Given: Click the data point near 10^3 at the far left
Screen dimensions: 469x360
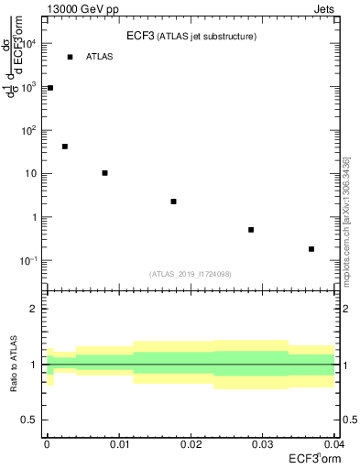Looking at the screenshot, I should [50, 88].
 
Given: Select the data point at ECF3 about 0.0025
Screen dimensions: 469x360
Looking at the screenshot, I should [65, 147].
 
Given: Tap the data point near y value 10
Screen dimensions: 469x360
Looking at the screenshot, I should [105, 173].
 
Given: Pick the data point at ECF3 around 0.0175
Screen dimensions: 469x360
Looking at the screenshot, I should [173, 202].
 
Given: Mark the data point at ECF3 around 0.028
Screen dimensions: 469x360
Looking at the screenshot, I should [251, 230].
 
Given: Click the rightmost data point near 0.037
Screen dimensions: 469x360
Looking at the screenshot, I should [311, 249].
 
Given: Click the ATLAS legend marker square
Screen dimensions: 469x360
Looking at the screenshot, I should [70, 57].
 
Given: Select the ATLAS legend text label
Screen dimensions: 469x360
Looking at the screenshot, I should [100, 57].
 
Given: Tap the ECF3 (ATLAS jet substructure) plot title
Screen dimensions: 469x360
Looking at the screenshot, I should [191, 37].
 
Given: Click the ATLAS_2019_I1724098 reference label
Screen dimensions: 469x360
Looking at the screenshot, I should [191, 273].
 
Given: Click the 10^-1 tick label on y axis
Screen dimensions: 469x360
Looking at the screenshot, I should [30, 261].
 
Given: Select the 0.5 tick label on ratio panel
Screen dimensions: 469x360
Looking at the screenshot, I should [29, 420].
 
